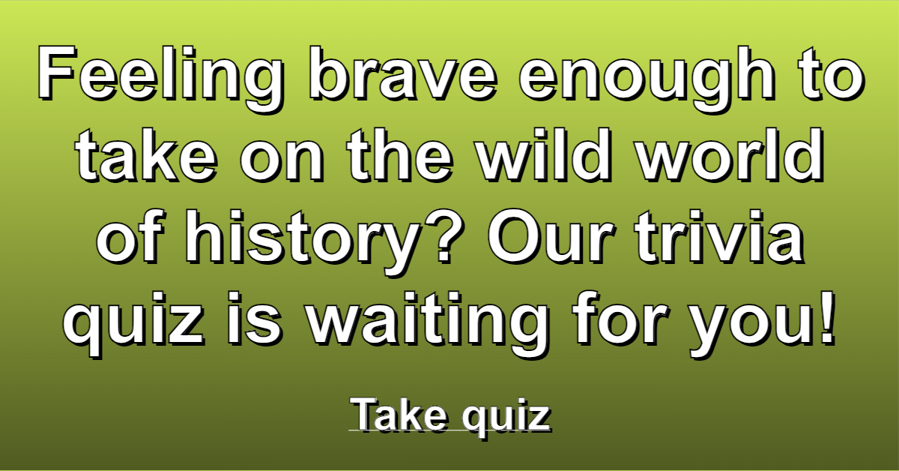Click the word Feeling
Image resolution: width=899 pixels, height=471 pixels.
[x=161, y=77]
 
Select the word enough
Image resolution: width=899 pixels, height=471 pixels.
[x=648, y=77]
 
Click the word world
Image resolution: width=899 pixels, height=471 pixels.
[x=731, y=154]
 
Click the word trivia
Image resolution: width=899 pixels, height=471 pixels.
[x=720, y=237]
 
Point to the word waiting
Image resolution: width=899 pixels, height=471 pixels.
[x=428, y=325]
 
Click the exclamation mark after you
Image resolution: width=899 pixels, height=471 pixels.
[x=826, y=319]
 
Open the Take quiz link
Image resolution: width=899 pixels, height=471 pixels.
[x=449, y=416]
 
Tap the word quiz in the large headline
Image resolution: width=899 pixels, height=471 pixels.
[x=133, y=325]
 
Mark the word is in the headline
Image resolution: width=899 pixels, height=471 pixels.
[x=254, y=319]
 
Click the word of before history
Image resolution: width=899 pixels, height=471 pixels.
[x=130, y=236]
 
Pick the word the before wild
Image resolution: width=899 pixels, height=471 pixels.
[x=400, y=154]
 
